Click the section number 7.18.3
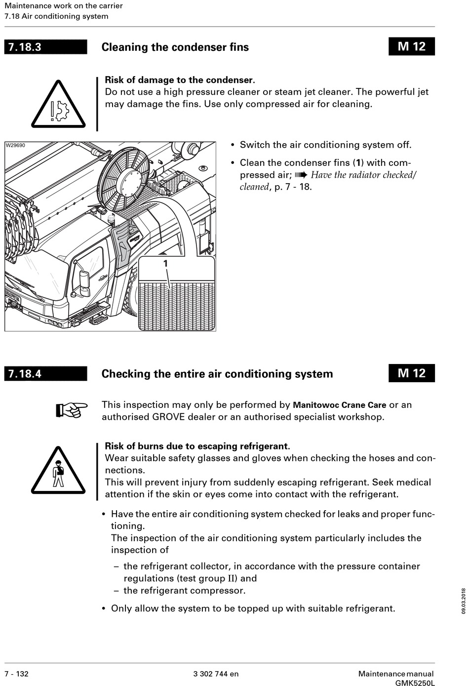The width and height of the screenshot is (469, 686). pos(24,47)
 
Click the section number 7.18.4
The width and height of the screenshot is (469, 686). pos(24,374)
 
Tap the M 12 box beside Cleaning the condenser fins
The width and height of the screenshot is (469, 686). pos(411,46)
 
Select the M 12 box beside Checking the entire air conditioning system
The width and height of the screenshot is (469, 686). pos(411,373)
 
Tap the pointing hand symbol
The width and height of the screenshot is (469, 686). pos(71,409)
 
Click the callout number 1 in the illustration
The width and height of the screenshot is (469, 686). pos(166,264)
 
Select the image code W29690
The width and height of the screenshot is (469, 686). pos(15,146)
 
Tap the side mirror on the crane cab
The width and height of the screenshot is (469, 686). pos(84,280)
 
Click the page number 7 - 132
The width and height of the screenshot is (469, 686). pos(17,674)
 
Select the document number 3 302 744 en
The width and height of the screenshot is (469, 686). pos(216,674)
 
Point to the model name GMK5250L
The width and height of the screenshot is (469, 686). pos(415,683)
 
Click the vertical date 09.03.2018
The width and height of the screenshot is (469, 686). pos(464,601)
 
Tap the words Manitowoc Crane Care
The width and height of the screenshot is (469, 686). pos(339,405)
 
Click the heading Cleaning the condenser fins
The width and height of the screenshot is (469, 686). pos(175,47)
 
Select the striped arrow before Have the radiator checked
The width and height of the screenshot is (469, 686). pos(301,175)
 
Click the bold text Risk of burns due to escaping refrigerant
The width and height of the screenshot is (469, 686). pos(197,446)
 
